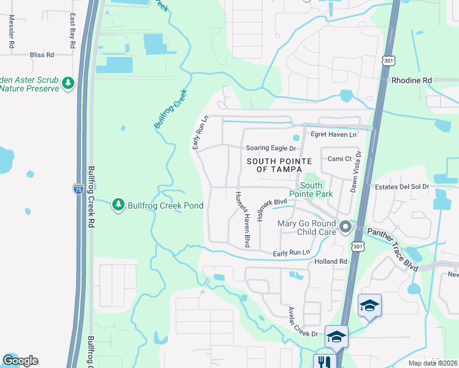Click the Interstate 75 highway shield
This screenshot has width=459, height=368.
click(78, 190)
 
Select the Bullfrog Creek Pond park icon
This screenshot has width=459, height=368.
click(118, 204)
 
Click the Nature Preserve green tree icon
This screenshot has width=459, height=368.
click(69, 83)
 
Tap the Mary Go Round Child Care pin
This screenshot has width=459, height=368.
click(345, 228)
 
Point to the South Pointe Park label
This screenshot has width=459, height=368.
click(317, 190)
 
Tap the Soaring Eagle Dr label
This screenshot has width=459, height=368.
click(271, 148)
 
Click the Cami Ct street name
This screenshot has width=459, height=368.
click(339, 158)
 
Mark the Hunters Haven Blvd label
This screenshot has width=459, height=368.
click(243, 218)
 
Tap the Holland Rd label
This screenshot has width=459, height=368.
click(331, 261)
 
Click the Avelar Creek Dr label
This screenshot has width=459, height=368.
click(298, 322)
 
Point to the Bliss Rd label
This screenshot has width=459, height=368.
click(42, 55)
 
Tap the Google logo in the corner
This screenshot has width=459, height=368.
click(20, 361)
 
